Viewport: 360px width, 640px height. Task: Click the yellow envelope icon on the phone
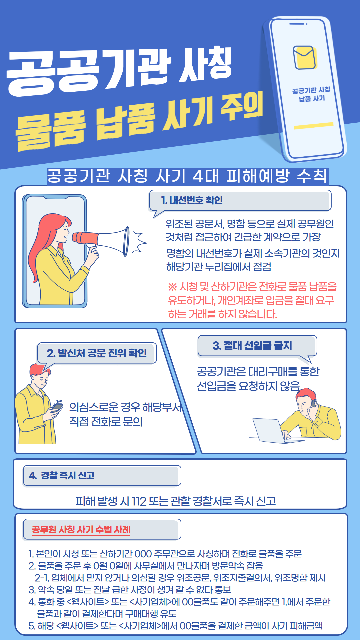click(x=304, y=57)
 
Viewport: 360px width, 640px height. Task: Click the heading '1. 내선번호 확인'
click(x=192, y=200)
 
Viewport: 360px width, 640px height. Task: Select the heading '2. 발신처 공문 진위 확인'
click(x=97, y=353)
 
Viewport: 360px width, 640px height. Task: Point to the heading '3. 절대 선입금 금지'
click(x=252, y=345)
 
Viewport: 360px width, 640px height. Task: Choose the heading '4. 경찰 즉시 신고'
click(x=62, y=475)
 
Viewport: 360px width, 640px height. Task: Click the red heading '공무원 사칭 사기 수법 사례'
click(x=81, y=529)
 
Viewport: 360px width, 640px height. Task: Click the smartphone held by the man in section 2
click(x=57, y=406)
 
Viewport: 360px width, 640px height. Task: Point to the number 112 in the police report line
click(x=139, y=501)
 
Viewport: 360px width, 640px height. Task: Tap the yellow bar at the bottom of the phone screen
click(x=314, y=125)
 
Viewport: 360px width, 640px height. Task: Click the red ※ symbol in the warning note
click(x=172, y=287)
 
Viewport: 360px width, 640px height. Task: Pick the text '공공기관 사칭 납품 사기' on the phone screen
click(x=311, y=94)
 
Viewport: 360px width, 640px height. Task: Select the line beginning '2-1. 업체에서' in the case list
click(x=180, y=578)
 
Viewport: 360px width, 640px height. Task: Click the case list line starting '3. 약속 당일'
click(x=130, y=590)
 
